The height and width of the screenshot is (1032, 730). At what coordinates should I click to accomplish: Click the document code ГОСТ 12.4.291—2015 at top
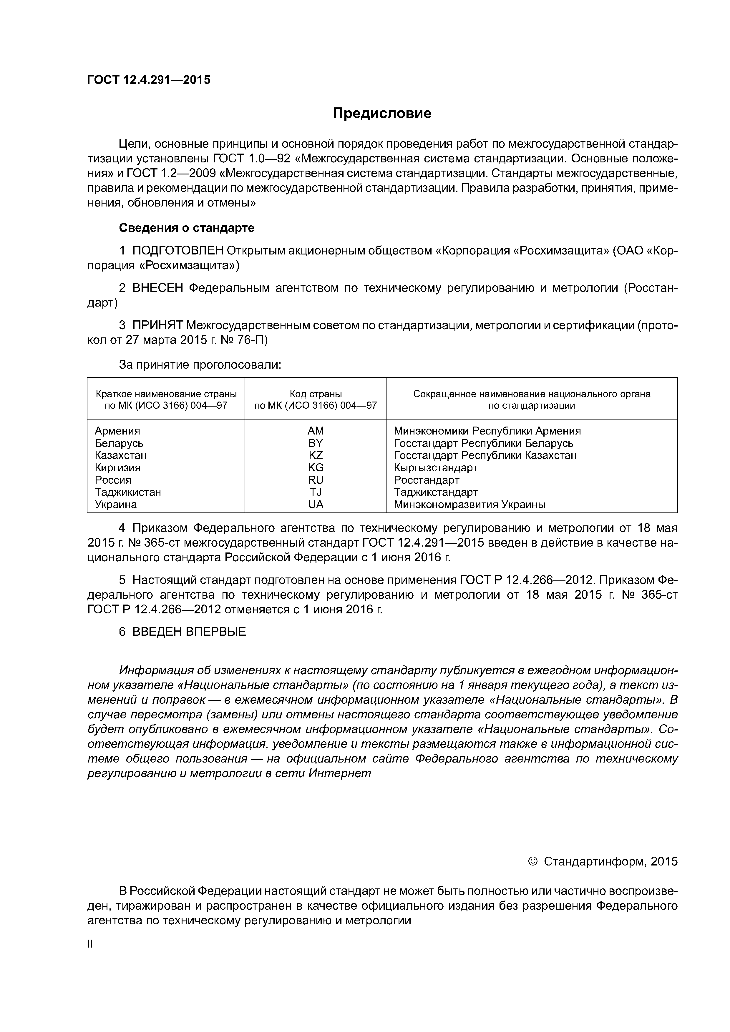point(148,80)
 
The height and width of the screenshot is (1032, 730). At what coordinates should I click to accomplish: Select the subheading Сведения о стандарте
point(186,228)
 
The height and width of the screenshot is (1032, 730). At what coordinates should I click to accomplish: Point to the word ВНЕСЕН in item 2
point(158,288)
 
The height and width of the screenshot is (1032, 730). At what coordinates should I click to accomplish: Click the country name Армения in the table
point(117,431)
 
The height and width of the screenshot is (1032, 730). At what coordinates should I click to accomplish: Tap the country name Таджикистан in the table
point(128,492)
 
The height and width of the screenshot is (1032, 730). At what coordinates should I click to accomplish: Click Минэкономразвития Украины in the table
point(469,504)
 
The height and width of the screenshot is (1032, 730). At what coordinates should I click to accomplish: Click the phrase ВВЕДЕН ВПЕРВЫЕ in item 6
point(189,632)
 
